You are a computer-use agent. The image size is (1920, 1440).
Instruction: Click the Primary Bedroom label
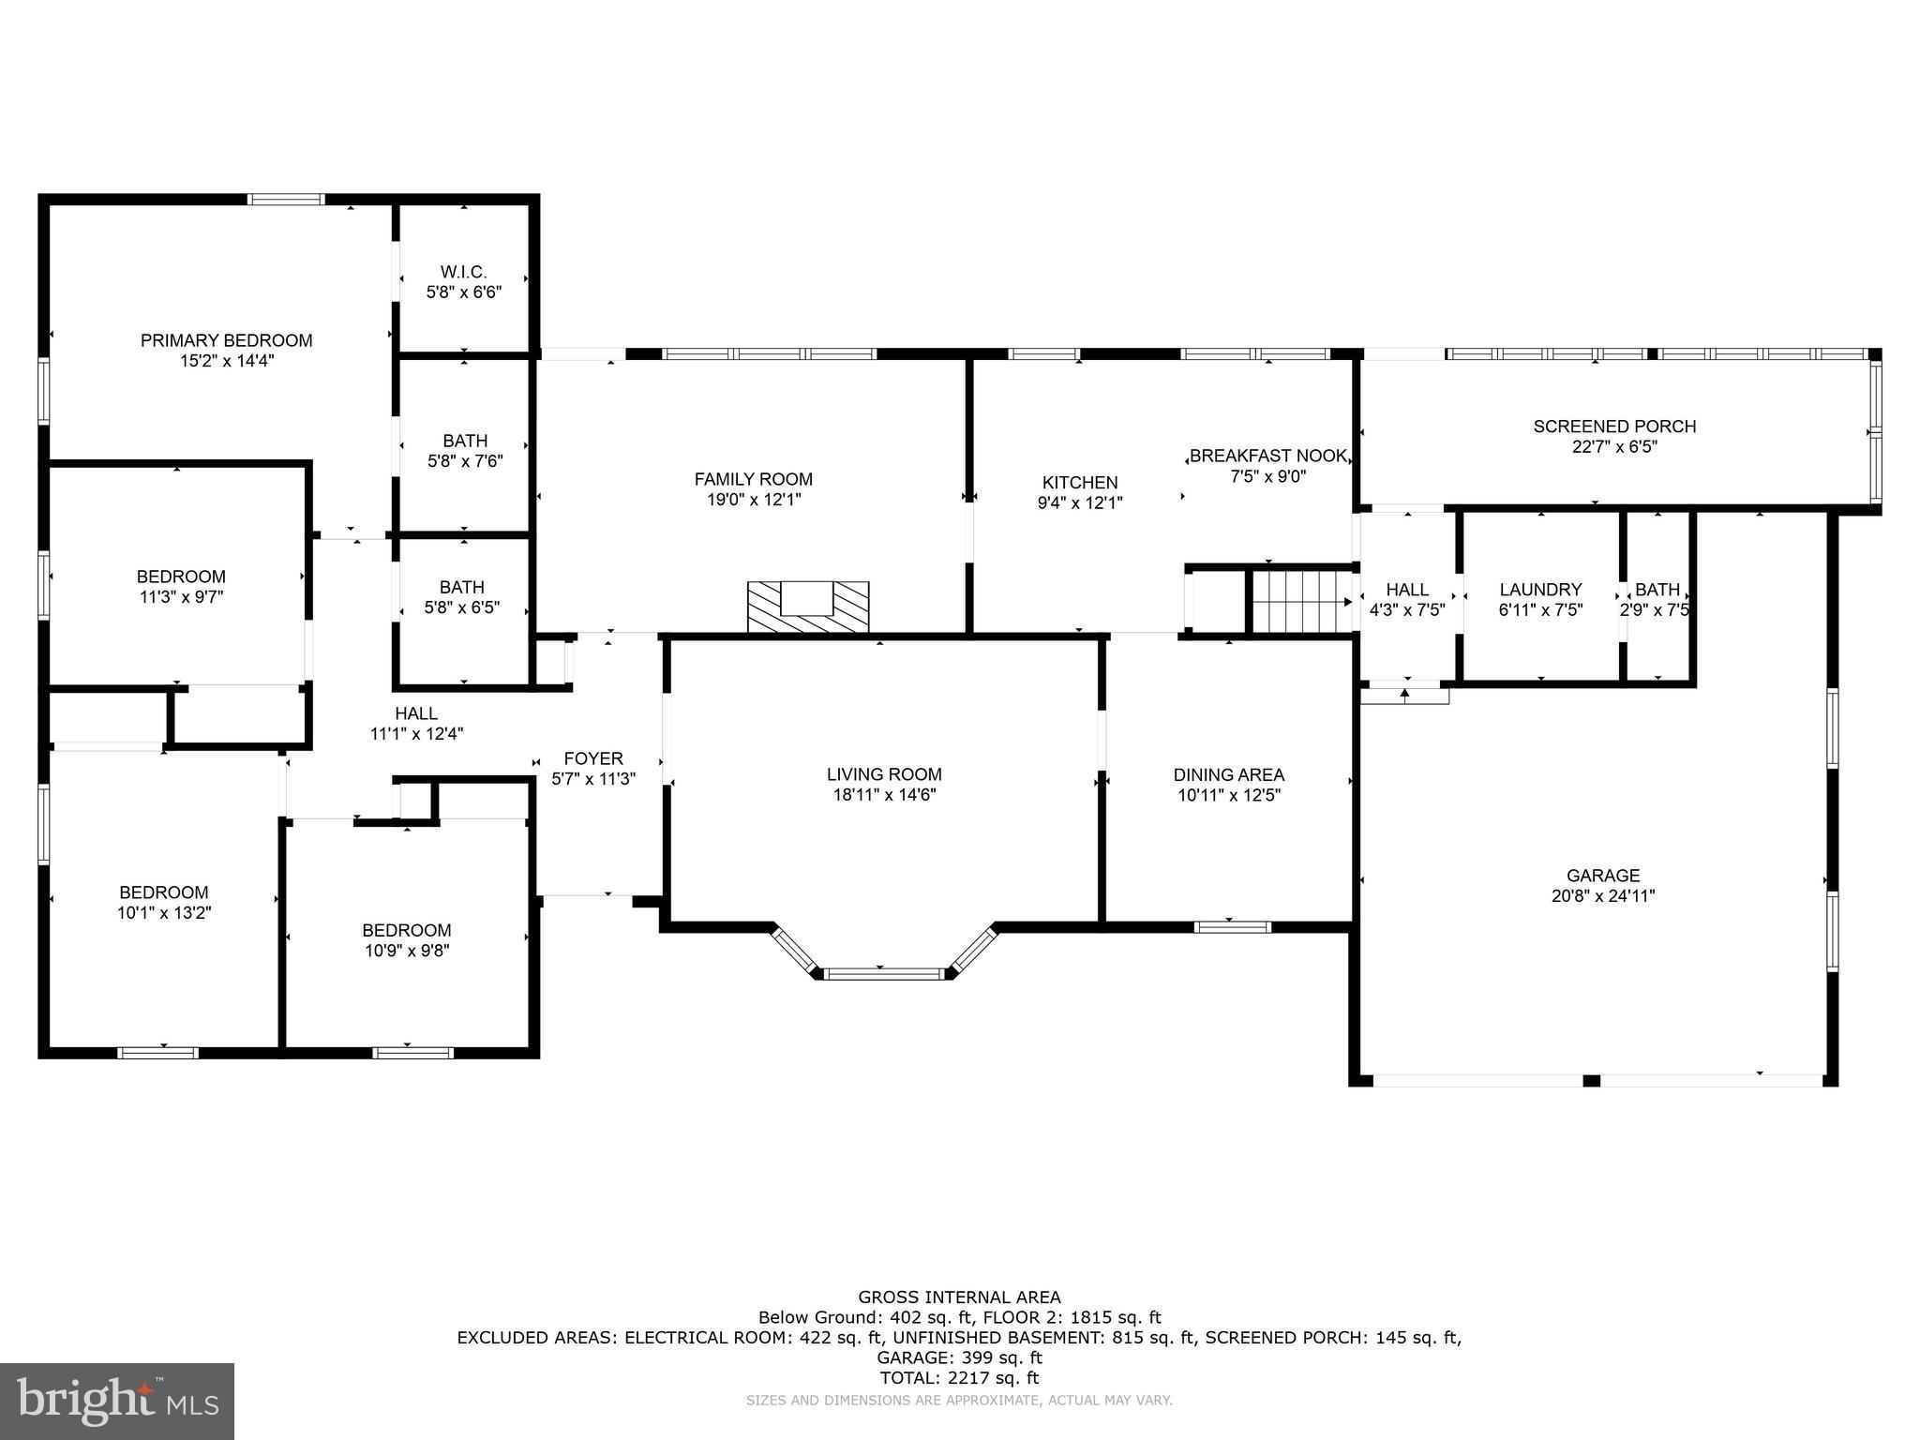pos(226,340)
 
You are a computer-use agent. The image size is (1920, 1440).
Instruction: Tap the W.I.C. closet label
pos(463,272)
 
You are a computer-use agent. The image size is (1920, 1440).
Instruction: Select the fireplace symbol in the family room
pos(808,607)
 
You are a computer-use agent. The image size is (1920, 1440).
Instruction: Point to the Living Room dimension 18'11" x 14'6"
pos(884,795)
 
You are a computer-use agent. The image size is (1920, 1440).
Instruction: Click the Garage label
pos(1603,876)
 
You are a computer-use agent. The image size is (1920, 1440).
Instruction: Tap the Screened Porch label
pos(1614,427)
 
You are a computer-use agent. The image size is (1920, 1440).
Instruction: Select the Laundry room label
pos(1540,590)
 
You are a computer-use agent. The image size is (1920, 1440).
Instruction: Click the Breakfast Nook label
pos(1267,457)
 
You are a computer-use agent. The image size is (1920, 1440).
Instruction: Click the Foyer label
pos(592,758)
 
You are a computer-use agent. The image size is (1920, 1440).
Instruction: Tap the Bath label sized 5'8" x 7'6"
pos(465,441)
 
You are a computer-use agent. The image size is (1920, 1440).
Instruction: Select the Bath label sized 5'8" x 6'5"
pos(462,587)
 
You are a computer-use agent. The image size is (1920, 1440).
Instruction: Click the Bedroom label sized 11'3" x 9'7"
pos(181,577)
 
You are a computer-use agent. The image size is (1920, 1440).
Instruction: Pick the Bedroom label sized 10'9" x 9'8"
pos(407,930)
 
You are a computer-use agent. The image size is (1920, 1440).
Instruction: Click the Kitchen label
pos(1080,483)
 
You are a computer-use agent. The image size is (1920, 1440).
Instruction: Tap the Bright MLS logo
pos(117,1401)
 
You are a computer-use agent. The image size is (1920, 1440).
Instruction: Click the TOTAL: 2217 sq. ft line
pos(959,1378)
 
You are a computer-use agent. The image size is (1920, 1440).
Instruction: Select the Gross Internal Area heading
pos(959,1297)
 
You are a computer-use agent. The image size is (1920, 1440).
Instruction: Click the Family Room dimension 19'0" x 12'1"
pos(754,500)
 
